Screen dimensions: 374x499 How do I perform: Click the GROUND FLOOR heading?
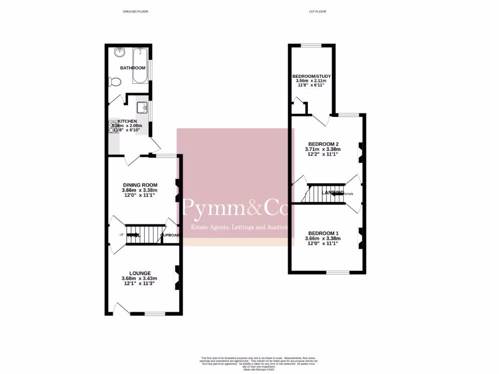pyautogui.click(x=135, y=11)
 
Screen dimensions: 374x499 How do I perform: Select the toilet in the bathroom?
pyautogui.click(x=115, y=81)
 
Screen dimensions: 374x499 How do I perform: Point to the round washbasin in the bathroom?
pyautogui.click(x=120, y=52)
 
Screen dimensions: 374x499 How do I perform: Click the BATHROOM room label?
pyautogui.click(x=133, y=68)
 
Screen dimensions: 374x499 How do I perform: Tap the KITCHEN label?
pyautogui.click(x=127, y=121)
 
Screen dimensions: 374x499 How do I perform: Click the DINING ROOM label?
pyautogui.click(x=140, y=185)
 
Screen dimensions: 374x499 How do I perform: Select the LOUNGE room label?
pyautogui.click(x=140, y=273)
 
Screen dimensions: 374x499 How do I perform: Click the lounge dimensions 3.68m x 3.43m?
pyautogui.click(x=139, y=279)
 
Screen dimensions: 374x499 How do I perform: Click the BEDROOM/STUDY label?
pyautogui.click(x=311, y=76)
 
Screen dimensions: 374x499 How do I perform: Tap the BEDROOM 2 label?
pyautogui.click(x=322, y=144)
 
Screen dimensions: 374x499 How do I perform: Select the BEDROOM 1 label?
pyautogui.click(x=323, y=233)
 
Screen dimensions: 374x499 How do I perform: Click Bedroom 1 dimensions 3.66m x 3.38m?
pyautogui.click(x=323, y=239)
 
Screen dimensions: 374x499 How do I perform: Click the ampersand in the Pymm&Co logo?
pyautogui.click(x=256, y=209)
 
